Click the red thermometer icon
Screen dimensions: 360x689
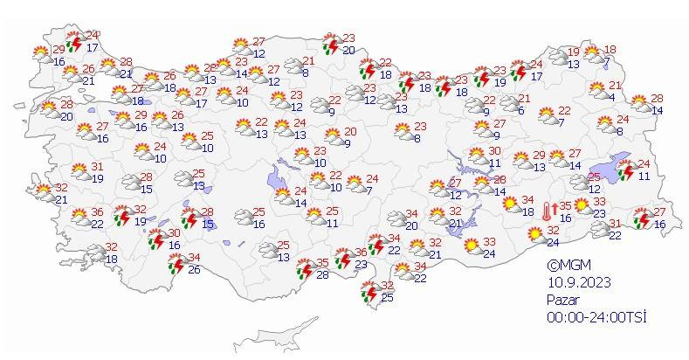click(546, 210)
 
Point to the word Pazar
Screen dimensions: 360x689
click(563, 298)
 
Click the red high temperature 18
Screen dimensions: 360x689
click(610, 50)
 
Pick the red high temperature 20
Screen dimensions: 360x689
click(334, 133)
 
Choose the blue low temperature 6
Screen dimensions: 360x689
click(520, 110)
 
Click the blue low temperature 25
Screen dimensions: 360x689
click(388, 299)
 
